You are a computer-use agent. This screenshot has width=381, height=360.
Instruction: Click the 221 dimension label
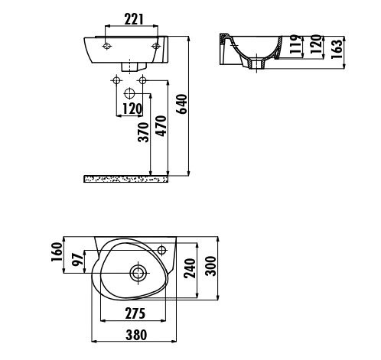pyautogui.click(x=134, y=19)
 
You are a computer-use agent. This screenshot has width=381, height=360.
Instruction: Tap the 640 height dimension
pyautogui.click(x=182, y=104)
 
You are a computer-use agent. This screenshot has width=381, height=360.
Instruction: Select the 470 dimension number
pyautogui.click(x=161, y=126)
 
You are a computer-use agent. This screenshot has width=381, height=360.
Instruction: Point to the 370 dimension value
pyautogui.click(x=143, y=132)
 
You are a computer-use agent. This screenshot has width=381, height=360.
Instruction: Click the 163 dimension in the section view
pyautogui.click(x=337, y=49)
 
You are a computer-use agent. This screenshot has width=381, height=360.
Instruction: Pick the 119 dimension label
pyautogui.click(x=296, y=44)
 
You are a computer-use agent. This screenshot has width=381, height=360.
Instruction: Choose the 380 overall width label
pyautogui.click(x=136, y=335)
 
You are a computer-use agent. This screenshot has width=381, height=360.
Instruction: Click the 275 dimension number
pyautogui.click(x=135, y=313)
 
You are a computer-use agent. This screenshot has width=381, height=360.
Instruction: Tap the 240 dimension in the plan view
pyautogui.click(x=190, y=268)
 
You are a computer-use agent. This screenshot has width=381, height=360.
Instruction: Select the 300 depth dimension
pyautogui.click(x=211, y=266)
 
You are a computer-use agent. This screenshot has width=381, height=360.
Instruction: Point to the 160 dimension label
pyautogui.click(x=57, y=252)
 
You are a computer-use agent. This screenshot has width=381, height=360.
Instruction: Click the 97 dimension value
pyautogui.click(x=78, y=259)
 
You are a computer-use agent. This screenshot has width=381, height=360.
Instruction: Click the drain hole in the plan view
pyautogui.click(x=138, y=273)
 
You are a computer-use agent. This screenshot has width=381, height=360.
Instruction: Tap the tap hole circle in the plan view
pyautogui.click(x=162, y=250)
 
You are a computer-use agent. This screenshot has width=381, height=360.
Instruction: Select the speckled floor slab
pyautogui.click(x=125, y=179)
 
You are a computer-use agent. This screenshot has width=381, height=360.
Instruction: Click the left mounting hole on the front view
pyautogui.click(x=107, y=47)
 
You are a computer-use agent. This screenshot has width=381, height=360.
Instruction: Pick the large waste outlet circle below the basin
pyautogui.click(x=129, y=94)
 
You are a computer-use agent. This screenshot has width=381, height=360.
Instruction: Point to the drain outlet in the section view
pyautogui.click(x=257, y=63)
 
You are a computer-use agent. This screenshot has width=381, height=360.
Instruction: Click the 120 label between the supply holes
pyautogui.click(x=132, y=109)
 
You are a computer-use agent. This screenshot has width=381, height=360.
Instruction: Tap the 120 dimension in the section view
pyautogui.click(x=316, y=44)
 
